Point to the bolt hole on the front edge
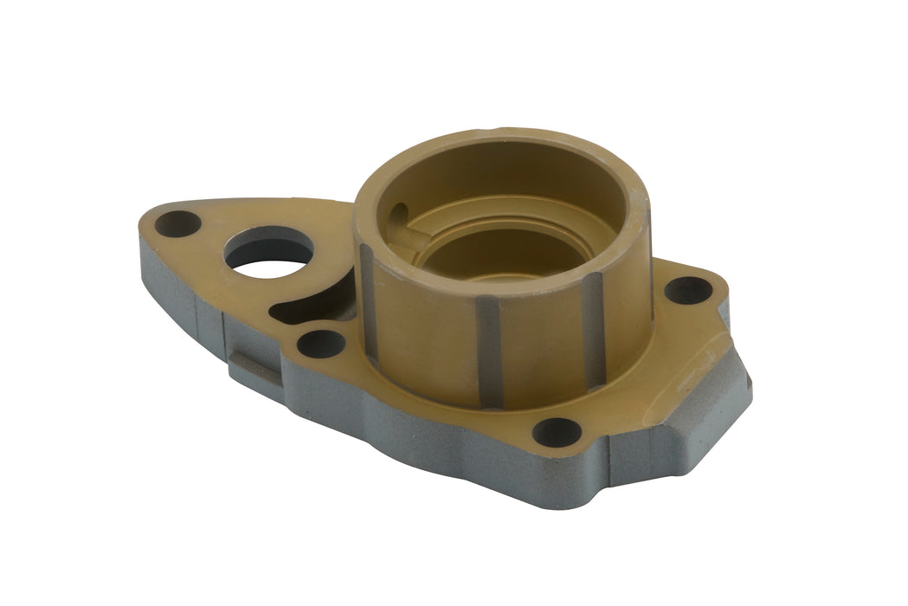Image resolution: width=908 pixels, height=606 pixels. click(556, 431)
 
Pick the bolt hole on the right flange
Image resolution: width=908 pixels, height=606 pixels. click(688, 290)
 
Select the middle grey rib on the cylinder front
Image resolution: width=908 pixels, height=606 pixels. click(490, 351)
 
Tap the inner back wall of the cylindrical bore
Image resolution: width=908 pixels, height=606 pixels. click(502, 177)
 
